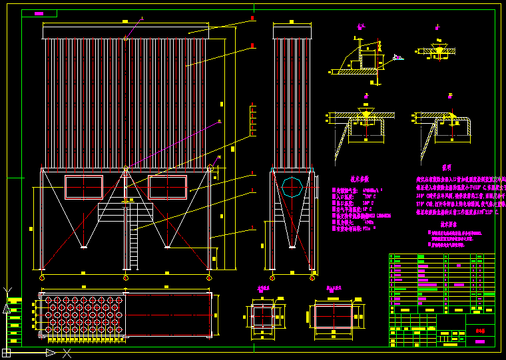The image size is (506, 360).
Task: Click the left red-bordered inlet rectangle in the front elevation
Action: [84, 188]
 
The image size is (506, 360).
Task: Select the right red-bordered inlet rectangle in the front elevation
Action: [168, 188]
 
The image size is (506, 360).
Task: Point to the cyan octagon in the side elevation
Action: [292, 186]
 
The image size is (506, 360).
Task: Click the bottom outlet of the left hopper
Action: [84, 248]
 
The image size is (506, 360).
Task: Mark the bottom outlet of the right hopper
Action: [168, 248]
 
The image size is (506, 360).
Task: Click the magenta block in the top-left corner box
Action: [39, 13]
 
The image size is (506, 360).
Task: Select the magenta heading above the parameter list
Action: [355, 178]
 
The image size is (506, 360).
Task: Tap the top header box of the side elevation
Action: [292, 31]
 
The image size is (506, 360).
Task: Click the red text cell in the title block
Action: [476, 329]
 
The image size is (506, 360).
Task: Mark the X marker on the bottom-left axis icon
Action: [66, 352]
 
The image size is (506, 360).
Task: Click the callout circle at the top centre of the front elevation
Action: [126, 39]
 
